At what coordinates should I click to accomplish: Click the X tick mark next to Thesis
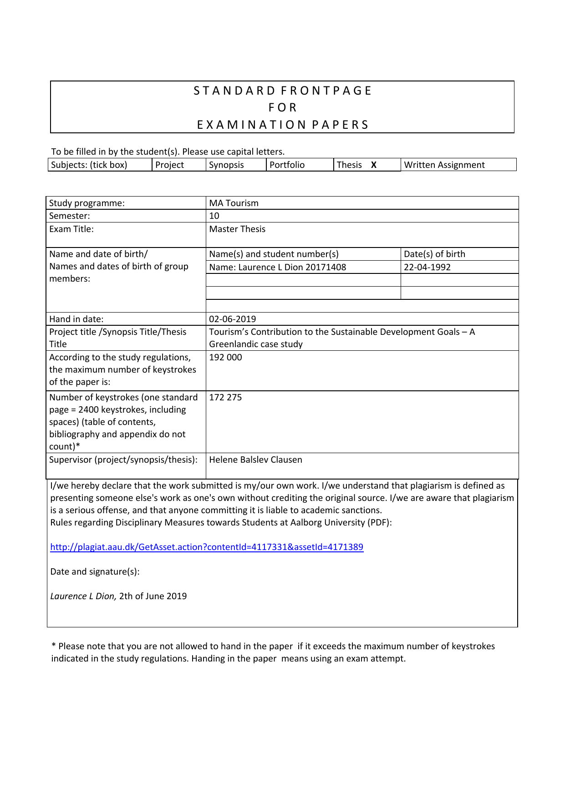[x=374, y=165]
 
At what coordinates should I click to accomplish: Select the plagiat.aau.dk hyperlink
[x=207, y=547]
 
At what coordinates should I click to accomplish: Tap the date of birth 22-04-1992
[x=427, y=267]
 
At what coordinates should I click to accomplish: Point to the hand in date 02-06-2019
[x=232, y=319]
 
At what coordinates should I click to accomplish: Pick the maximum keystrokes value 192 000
[x=225, y=357]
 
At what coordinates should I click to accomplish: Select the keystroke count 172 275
[x=225, y=397]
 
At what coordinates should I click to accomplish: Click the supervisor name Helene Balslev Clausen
[x=255, y=460]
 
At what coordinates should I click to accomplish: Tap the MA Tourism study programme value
[x=234, y=203]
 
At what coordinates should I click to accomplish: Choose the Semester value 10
[x=214, y=216]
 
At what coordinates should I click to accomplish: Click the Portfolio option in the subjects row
[x=287, y=165]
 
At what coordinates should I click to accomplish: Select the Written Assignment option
[x=444, y=165]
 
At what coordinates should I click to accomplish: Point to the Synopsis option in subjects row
[x=226, y=165]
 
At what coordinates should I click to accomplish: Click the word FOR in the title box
[x=282, y=107]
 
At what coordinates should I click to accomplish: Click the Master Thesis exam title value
[x=237, y=229]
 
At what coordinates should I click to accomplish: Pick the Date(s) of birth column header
[x=434, y=254]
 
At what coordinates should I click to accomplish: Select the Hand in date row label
[x=76, y=319]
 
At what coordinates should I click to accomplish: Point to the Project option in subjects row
[x=169, y=165]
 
